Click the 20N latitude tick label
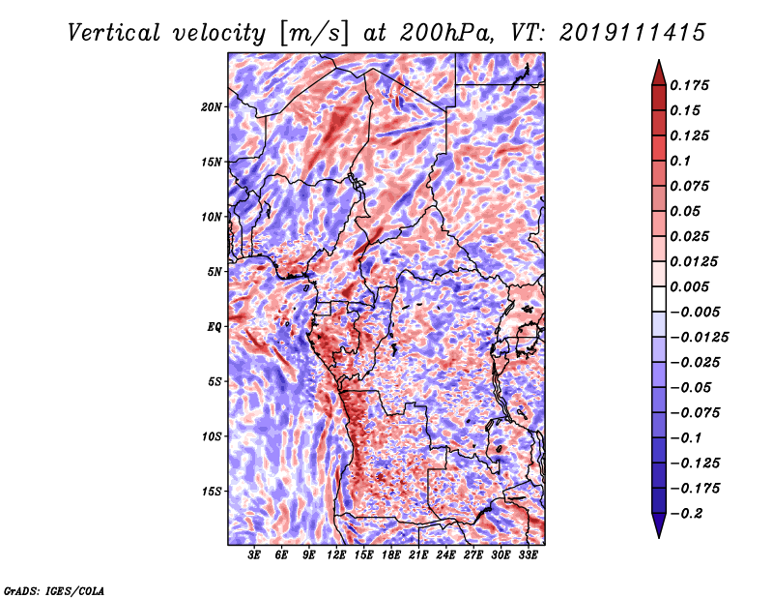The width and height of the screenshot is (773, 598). pos(212,107)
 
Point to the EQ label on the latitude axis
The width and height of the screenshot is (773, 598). pos(215,327)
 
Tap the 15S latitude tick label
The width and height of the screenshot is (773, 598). pos(212,492)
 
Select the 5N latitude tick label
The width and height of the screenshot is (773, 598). pos(215,272)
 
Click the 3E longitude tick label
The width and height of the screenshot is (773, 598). pos(254,555)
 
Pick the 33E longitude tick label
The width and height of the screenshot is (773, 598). pos(528,555)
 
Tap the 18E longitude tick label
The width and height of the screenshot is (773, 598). pos(391,555)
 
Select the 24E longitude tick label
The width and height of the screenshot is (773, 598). pos(445,555)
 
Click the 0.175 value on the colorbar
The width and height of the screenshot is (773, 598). pos(689,85)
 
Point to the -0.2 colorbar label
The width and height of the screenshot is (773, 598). pos(686,514)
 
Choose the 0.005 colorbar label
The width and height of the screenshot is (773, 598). pos(689,286)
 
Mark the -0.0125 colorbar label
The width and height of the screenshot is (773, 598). pos(699,338)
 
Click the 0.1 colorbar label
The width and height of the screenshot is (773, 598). pos(680,161)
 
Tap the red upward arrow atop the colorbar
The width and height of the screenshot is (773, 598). pos(659,73)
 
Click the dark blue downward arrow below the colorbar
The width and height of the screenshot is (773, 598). pos(659,525)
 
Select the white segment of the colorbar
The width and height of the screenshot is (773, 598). pos(659,299)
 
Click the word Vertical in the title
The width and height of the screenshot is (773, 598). pos(114,33)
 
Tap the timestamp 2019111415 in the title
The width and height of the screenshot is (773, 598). pos(633,33)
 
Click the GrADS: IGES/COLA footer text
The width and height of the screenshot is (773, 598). pos(54,591)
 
